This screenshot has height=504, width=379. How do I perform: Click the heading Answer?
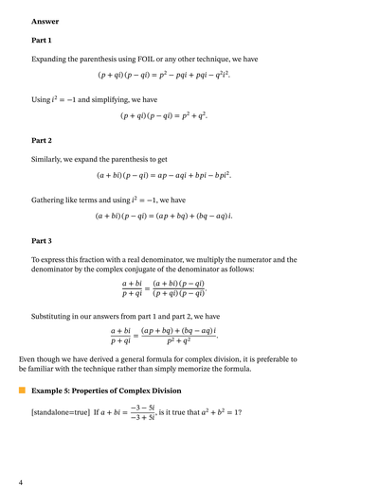(x=45, y=21)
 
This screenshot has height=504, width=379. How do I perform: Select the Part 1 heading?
(x=42, y=40)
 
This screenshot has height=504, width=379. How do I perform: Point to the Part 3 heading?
(x=42, y=240)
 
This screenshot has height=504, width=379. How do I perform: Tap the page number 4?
(x=20, y=483)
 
